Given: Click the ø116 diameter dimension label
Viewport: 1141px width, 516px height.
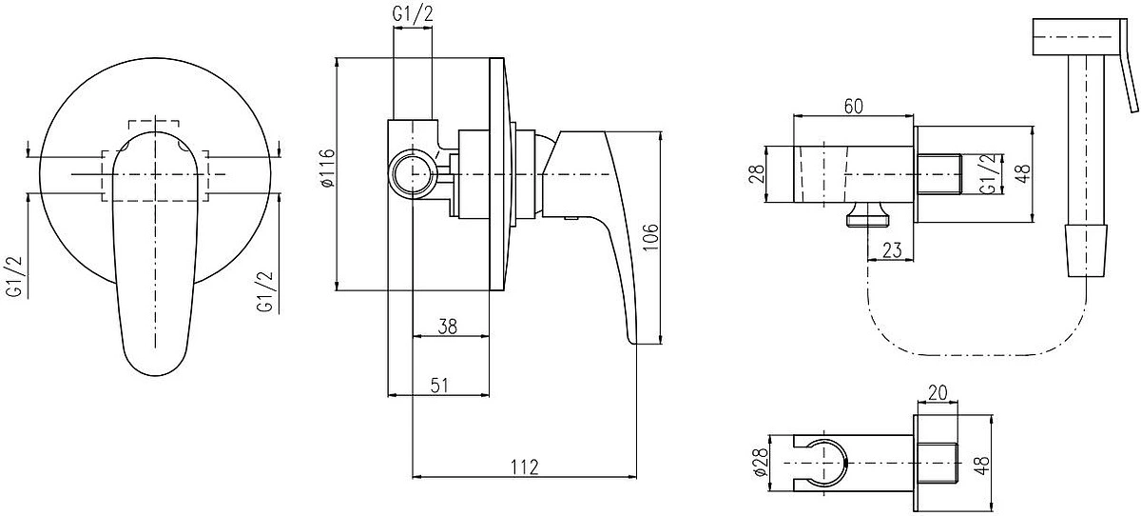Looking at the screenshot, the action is pos(328,168).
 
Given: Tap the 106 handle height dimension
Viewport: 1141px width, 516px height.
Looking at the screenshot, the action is pos(650,237).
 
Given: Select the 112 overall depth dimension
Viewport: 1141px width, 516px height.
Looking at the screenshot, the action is pos(525,466).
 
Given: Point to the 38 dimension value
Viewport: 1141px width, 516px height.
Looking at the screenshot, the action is pos(448,327).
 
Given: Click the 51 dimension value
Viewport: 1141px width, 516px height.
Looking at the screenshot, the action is pos(439,385).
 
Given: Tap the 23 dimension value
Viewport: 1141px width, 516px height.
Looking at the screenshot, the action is pos(892,249).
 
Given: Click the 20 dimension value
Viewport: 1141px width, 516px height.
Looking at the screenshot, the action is pos(938,392).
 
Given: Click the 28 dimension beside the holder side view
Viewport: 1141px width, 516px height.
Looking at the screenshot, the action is pos(758,173).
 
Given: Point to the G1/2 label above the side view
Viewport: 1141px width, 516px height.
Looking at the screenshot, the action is pos(413,13).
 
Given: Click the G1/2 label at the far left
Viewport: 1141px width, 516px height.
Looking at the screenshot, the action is pos(15,276).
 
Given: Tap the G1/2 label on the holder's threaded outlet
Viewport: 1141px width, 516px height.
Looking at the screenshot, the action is pos(989,174).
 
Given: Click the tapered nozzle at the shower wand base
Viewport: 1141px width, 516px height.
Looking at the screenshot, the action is pos(1087,250).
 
